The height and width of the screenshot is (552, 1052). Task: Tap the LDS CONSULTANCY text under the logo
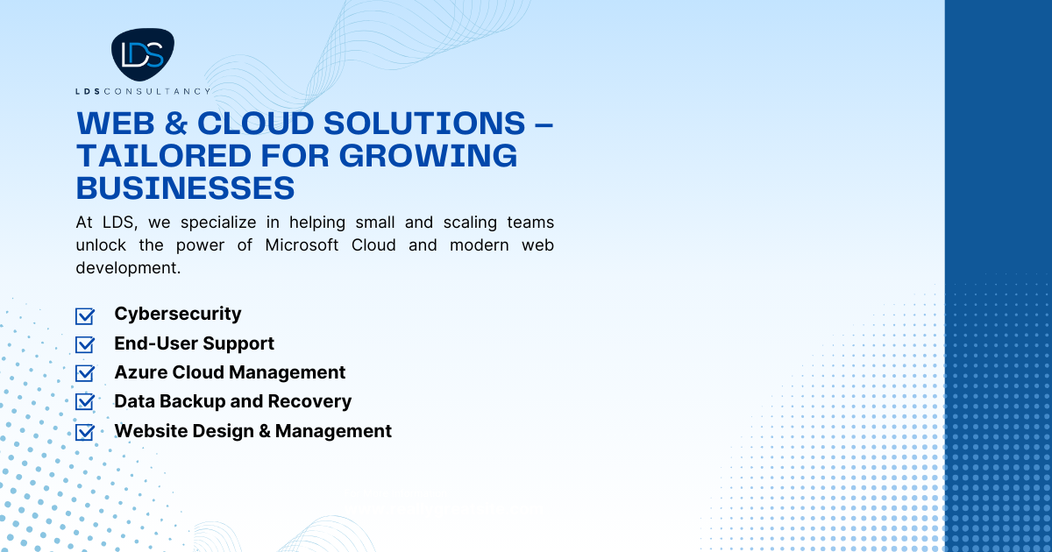[x=142, y=91]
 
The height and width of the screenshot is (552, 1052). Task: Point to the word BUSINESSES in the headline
[x=185, y=188]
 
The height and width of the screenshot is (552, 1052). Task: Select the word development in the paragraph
[x=128, y=267]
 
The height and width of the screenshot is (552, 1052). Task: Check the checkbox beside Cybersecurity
[x=85, y=315]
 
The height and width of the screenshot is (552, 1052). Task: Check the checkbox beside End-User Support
[x=85, y=344]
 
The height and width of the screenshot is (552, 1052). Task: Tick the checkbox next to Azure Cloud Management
[x=85, y=373]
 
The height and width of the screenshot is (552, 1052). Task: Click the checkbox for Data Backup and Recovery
[x=85, y=402]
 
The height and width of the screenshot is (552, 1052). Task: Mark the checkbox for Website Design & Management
[x=85, y=432]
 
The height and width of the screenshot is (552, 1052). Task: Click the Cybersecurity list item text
[x=178, y=314]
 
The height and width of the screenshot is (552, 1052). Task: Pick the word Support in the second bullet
[x=240, y=343]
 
